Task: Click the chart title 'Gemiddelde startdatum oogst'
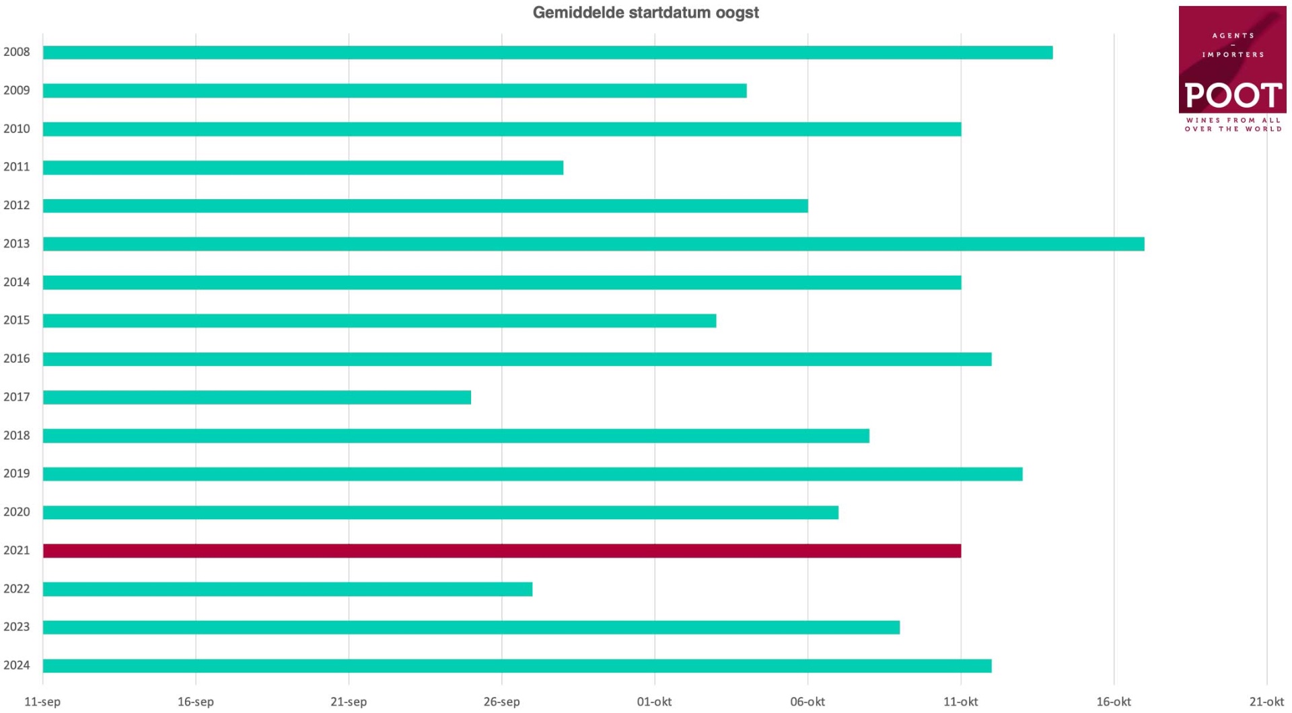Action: pos(645,13)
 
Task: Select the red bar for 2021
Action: pos(501,551)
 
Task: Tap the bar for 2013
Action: pos(593,244)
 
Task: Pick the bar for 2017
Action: pos(256,398)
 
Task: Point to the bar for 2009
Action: pos(394,91)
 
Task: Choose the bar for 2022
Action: pos(287,589)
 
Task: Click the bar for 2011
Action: pos(303,167)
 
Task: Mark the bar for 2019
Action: pos(532,474)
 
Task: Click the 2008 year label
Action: pos(17,52)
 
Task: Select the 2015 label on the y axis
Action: pos(17,320)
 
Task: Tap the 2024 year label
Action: pos(17,665)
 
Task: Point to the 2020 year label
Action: pos(17,512)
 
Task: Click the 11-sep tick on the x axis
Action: pos(42,702)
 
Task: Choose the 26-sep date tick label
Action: pos(501,702)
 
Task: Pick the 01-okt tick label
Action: pos(654,702)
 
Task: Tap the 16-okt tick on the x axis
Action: pos(1113,702)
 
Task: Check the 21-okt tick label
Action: pos(1266,702)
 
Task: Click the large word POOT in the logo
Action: pos(1233,96)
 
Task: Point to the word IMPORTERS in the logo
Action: pos(1233,54)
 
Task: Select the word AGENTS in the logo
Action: pos(1233,36)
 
